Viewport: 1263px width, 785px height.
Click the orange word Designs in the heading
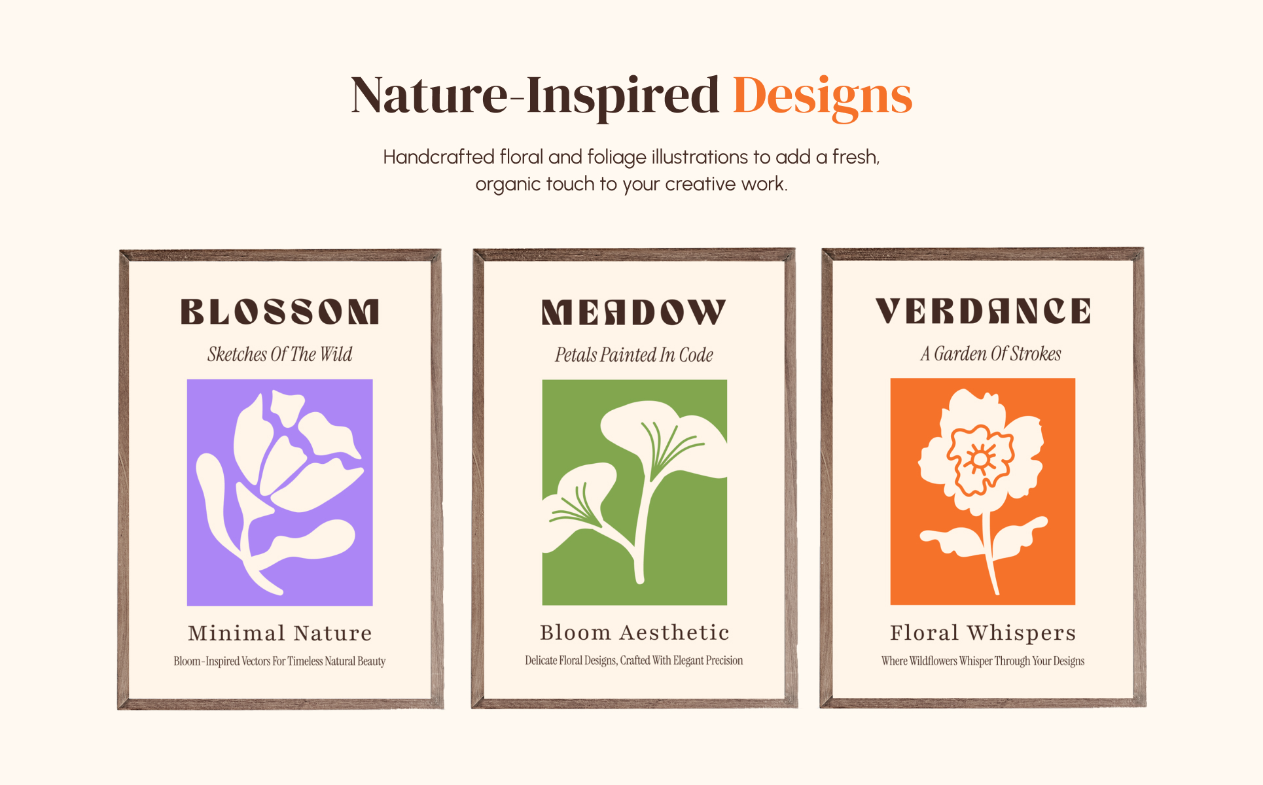pos(823,96)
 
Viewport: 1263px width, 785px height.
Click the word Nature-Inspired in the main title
pos(535,96)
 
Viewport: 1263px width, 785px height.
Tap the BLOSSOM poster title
pos(280,311)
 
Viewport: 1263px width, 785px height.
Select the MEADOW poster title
pos(633,312)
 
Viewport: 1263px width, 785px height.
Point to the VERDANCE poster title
pos(983,311)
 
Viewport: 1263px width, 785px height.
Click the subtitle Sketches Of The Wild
pos(280,354)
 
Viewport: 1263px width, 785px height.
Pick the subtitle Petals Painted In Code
pos(634,355)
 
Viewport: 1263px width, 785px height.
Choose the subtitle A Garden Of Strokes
pos(990,353)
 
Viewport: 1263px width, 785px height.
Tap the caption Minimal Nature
pos(280,633)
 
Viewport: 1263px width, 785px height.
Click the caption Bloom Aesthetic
pos(634,633)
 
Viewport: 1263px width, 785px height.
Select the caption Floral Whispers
pos(983,633)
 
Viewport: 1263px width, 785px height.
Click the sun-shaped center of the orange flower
pos(980,459)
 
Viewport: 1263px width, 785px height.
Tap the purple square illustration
pos(280,493)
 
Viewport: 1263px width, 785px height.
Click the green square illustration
pos(634,492)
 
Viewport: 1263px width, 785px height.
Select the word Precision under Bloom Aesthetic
pos(724,661)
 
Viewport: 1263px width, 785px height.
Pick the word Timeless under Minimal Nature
pos(306,661)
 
